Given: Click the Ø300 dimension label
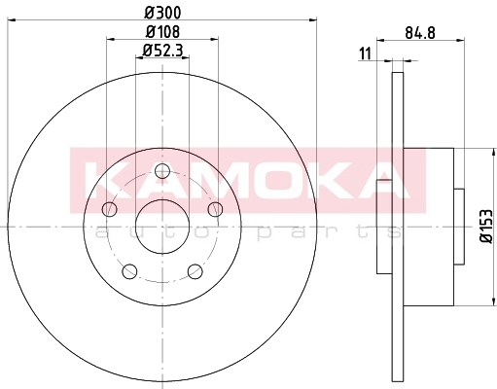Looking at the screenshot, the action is click(162, 13).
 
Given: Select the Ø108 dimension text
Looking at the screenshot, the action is click(162, 32).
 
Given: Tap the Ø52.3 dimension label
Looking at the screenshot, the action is click(162, 51).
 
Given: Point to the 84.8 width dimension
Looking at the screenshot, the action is click(420, 33).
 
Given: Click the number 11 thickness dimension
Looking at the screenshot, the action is click(365, 53).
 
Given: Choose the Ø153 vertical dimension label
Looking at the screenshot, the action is click(486, 226).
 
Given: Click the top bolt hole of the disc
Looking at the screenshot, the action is click(162, 171).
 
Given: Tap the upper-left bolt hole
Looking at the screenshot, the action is click(110, 209).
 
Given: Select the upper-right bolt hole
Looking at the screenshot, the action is click(215, 209).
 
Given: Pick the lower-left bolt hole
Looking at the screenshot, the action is click(129, 271).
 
